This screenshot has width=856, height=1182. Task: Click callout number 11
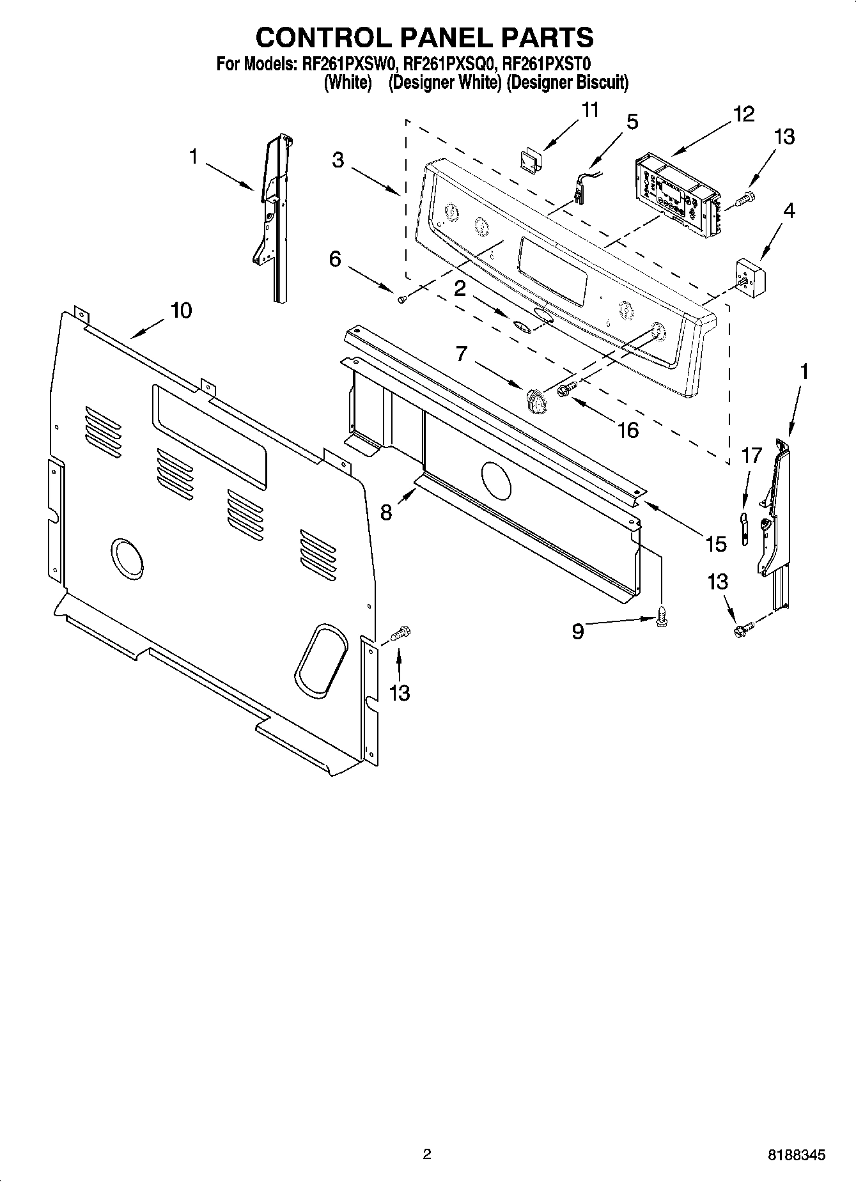(590, 110)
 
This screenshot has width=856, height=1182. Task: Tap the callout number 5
(632, 121)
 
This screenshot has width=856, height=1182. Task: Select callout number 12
(743, 114)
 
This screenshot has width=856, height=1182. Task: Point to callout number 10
(181, 311)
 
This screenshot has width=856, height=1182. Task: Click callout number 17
(751, 456)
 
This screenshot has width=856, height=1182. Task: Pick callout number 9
(577, 632)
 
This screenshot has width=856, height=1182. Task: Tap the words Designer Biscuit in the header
(567, 82)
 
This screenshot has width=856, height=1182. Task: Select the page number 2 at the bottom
(427, 1154)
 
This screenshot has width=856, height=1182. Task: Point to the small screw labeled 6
(401, 299)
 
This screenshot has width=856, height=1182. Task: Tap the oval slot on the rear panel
(321, 662)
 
